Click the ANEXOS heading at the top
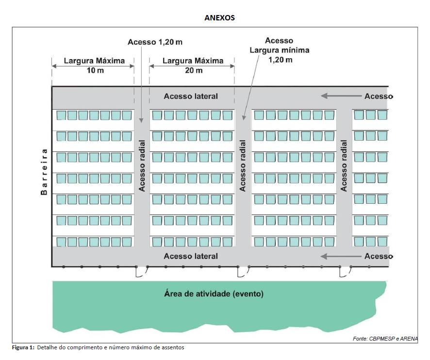point(219,17)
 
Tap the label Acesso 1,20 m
point(155,42)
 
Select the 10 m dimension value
point(95,70)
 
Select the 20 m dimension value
point(194,70)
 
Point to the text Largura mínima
point(280,50)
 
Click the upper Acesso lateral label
point(191,96)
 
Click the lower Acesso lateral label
point(191,256)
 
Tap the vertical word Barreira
point(44,172)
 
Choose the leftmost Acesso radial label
point(142,166)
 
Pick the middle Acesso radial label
point(243,166)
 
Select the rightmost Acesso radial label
point(344,166)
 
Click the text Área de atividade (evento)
point(214,294)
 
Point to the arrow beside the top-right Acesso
point(341,96)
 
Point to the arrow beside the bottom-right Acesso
point(341,256)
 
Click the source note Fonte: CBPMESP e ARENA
point(385,339)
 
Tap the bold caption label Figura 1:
point(23,347)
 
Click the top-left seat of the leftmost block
point(61,115)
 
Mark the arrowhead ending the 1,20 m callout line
point(141,120)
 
